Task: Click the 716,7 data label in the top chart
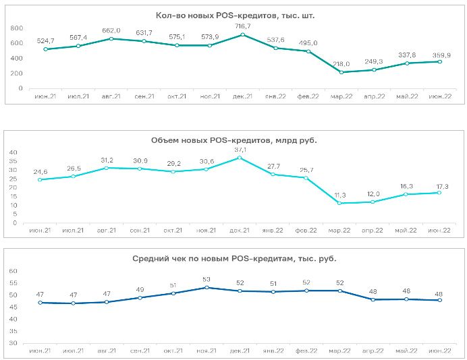tap(243, 26)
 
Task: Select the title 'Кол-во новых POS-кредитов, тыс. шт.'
tap(235, 16)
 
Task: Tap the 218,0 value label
tap(341, 64)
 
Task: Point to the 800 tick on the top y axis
tap(17, 28)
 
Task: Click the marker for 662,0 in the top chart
tap(111, 38)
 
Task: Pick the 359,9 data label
tap(441, 55)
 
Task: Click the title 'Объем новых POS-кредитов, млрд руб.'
tap(233, 140)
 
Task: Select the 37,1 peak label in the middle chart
tap(240, 150)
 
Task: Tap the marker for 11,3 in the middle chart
tap(339, 203)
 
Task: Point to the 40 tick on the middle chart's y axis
tap(13, 152)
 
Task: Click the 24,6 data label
tap(40, 172)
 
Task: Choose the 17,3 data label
tap(441, 187)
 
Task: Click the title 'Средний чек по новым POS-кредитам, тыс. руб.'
tap(234, 259)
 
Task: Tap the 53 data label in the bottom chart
tap(207, 279)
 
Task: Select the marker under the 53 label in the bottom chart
tap(207, 287)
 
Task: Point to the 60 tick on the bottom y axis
tap(13, 271)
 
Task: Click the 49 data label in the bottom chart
tap(140, 289)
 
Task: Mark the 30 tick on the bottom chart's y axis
tap(13, 343)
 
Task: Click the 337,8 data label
tap(407, 55)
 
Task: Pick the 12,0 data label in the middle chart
tap(373, 194)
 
